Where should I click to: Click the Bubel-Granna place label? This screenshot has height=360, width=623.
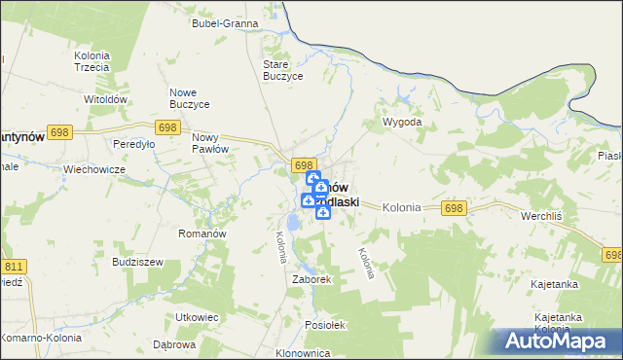pyautogui.click(x=225, y=22)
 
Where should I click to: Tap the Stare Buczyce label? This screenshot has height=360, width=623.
pyautogui.click(x=284, y=70)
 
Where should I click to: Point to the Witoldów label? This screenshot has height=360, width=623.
pyautogui.click(x=107, y=99)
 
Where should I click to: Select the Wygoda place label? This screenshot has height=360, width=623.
pyautogui.click(x=402, y=123)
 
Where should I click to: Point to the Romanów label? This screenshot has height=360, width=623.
pyautogui.click(x=202, y=234)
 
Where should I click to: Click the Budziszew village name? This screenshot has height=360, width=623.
pyautogui.click(x=136, y=263)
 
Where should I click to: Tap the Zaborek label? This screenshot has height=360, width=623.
pyautogui.click(x=312, y=278)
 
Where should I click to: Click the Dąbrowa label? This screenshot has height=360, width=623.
pyautogui.click(x=175, y=344)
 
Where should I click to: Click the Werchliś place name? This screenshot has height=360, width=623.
pyautogui.click(x=543, y=215)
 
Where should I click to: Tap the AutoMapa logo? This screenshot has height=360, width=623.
pyautogui.click(x=556, y=342)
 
